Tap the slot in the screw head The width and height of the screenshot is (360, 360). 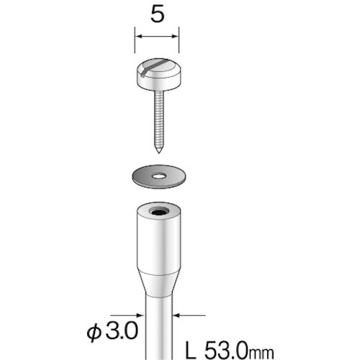[156, 68]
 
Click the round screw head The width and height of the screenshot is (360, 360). [156, 76]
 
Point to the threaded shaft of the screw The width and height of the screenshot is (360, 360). [156, 119]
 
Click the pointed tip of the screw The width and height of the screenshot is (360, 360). [156, 152]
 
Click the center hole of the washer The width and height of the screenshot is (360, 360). [157, 174]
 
